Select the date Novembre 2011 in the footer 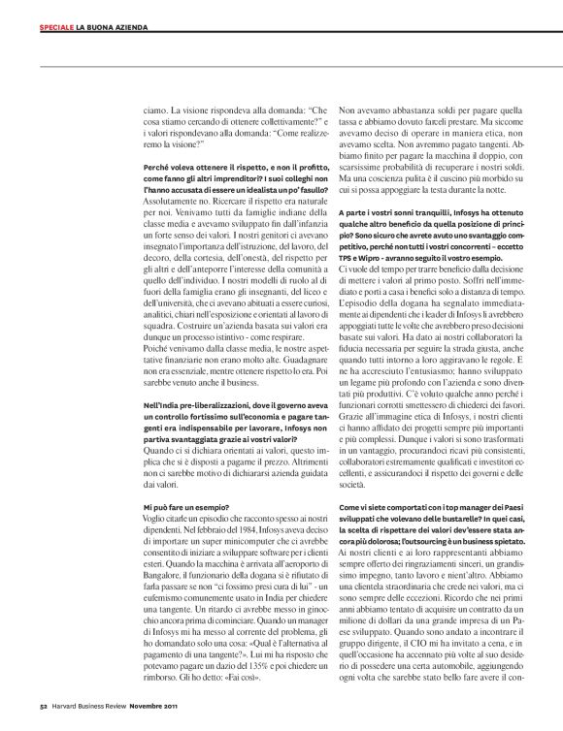155,718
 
